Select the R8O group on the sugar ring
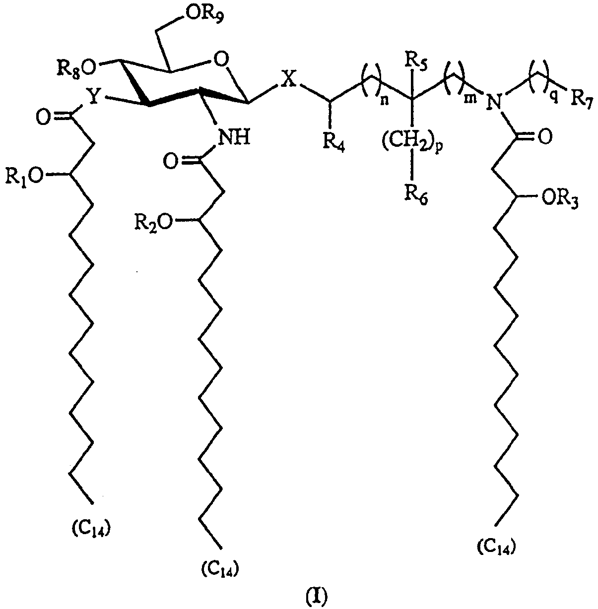76,69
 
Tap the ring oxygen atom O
221,60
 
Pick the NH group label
233,137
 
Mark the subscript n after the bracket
384,102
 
